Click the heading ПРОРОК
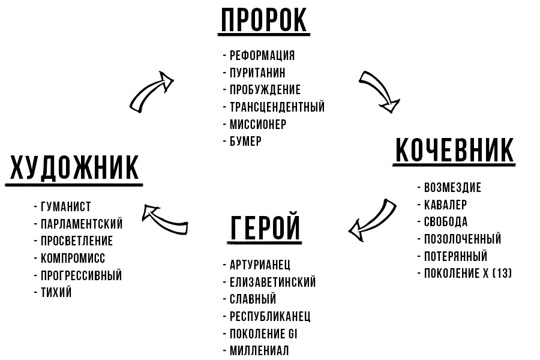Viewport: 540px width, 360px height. (x=265, y=20)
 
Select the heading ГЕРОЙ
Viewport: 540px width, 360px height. (x=265, y=228)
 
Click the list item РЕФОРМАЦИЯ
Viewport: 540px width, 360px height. (x=262, y=56)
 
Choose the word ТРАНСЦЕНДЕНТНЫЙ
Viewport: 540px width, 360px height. (x=277, y=107)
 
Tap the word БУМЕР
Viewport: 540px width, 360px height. (x=246, y=142)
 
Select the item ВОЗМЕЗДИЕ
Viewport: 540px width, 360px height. (x=452, y=188)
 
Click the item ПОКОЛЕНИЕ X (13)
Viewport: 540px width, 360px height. (x=468, y=274)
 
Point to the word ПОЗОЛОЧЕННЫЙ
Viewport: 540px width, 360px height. (x=462, y=239)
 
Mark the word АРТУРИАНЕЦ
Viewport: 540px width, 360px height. (x=260, y=265)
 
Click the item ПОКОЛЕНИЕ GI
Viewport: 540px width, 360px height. (x=263, y=334)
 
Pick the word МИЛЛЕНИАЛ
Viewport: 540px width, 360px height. (x=259, y=351)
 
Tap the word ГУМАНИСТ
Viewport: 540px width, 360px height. (x=66, y=207)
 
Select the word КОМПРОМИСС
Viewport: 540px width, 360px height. (x=73, y=259)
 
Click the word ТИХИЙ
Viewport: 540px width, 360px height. (x=56, y=293)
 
